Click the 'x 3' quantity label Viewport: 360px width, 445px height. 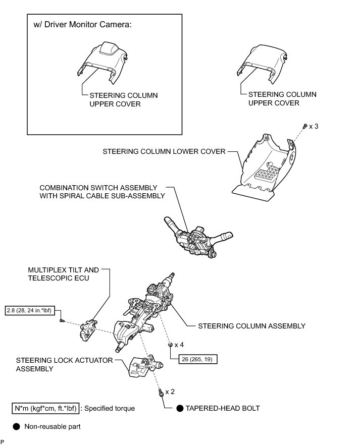313,126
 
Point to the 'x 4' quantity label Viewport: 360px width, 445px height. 179,345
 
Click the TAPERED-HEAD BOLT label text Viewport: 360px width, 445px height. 222,408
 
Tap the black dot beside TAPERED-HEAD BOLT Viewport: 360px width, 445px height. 179,408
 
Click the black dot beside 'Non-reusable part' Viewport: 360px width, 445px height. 17,426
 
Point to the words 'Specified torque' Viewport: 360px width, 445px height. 110,408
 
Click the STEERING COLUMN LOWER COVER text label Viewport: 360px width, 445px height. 164,151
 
